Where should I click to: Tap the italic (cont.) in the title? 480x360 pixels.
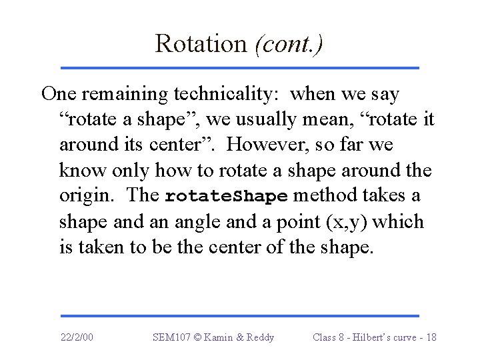(x=289, y=44)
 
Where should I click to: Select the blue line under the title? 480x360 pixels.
(x=239, y=68)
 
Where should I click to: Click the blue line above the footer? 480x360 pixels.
(x=239, y=315)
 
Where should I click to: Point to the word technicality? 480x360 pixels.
(x=213, y=94)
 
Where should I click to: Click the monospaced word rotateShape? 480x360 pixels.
(x=226, y=197)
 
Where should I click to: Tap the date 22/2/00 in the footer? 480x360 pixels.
(x=76, y=337)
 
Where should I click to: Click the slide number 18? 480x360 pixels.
(x=431, y=337)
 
